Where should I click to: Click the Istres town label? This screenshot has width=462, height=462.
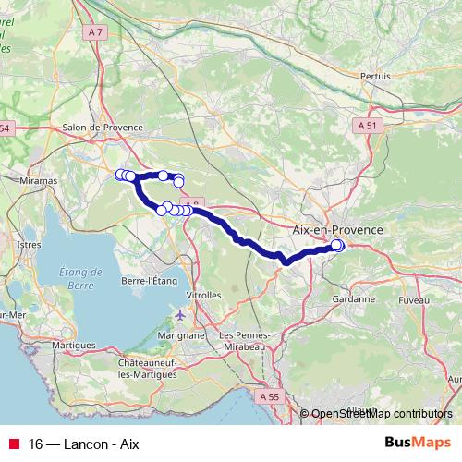coord(29,244)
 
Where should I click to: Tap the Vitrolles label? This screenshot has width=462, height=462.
coord(204,296)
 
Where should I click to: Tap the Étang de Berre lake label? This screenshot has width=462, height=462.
coord(79,278)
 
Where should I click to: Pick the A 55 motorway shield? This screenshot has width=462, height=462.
coord(269,396)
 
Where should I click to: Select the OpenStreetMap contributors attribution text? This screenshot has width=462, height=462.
coord(381,415)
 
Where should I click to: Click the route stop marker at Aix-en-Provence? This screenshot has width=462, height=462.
coord(337,245)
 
